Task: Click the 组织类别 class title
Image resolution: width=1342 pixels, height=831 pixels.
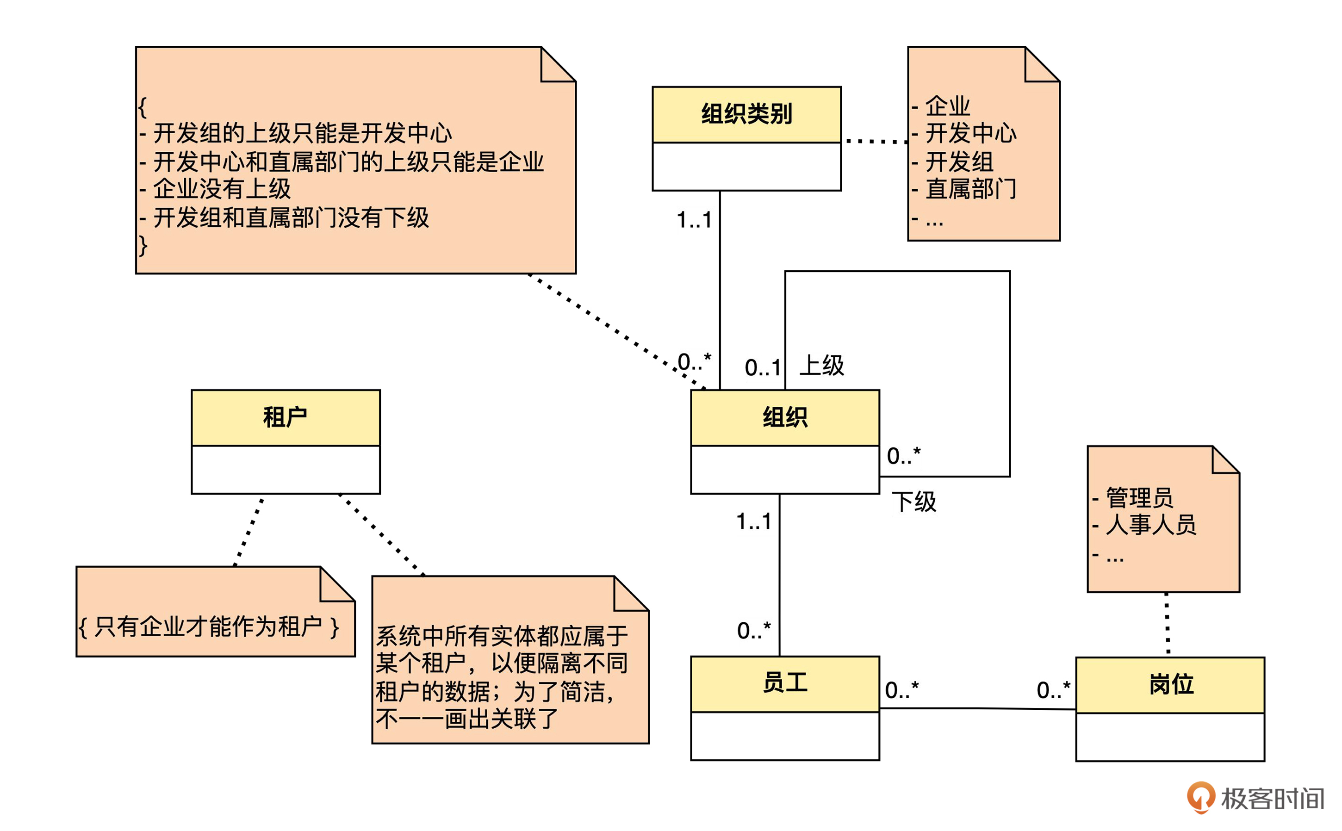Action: (746, 114)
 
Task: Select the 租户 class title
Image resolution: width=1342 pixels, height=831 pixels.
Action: (285, 417)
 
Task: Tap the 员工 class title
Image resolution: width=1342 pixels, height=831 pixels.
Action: (785, 682)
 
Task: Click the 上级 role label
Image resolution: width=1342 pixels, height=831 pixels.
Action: (821, 366)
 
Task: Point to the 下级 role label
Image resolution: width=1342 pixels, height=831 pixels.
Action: (913, 502)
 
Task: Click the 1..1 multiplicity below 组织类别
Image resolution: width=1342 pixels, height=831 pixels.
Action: (694, 220)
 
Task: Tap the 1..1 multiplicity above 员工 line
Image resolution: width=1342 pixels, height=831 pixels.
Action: (753, 521)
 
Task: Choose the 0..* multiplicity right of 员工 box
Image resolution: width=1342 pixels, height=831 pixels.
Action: (901, 690)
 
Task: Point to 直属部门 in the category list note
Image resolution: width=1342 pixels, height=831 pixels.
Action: (970, 189)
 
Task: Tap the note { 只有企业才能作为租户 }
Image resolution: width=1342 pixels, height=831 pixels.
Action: (209, 626)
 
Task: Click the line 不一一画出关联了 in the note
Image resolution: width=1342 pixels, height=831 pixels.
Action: (467, 718)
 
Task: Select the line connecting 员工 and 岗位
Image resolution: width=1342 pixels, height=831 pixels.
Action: (977, 708)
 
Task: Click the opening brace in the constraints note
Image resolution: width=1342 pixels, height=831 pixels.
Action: (143, 107)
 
